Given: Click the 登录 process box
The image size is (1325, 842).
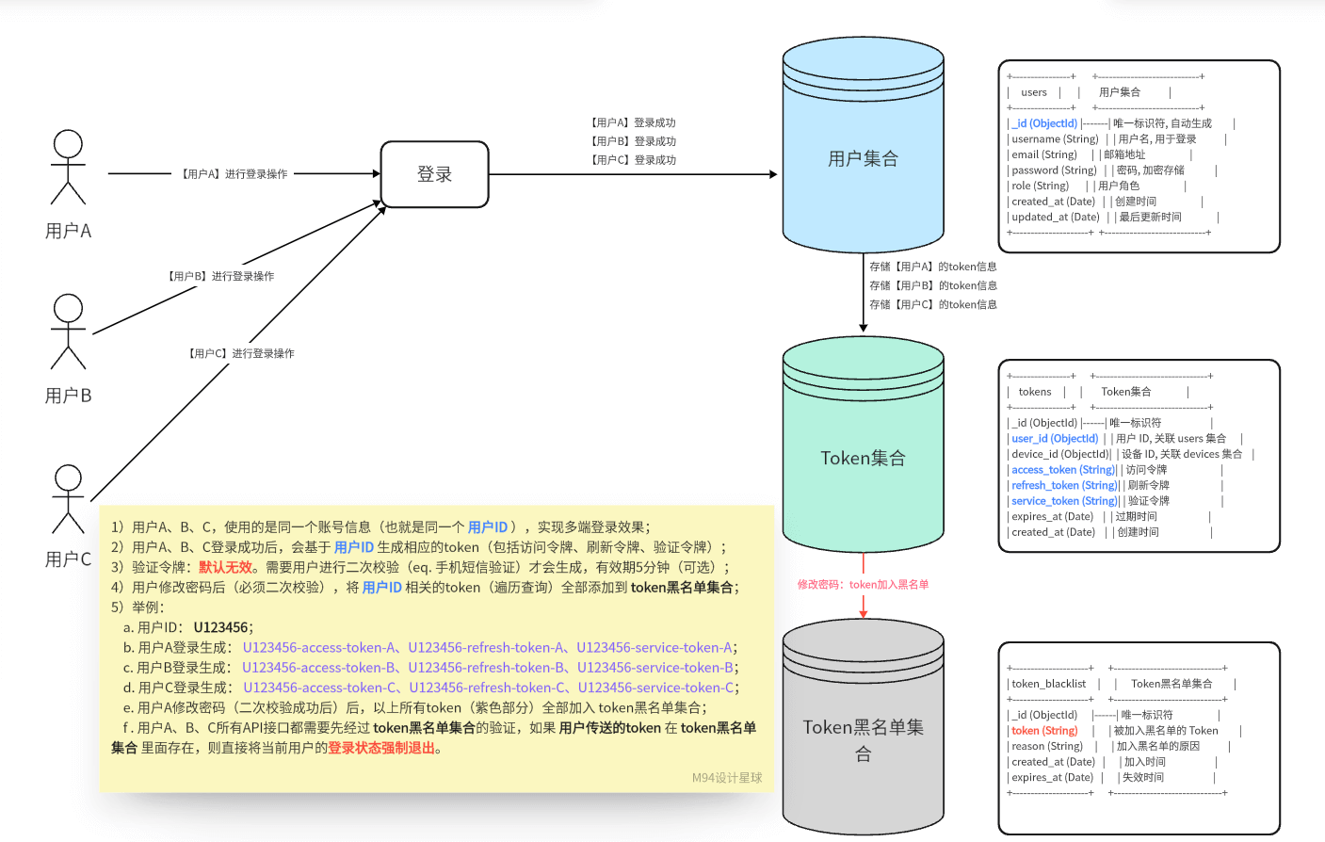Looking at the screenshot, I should point(434,174).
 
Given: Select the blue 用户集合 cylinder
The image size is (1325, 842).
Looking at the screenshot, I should point(863,158).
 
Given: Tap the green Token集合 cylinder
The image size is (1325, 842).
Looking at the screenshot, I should point(863,458).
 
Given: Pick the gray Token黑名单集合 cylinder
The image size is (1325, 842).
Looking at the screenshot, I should point(863,739).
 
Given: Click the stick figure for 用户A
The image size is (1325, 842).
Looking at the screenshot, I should point(68,167).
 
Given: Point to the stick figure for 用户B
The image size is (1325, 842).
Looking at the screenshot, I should point(68,332).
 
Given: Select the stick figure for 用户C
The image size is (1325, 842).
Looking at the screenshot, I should point(68,499).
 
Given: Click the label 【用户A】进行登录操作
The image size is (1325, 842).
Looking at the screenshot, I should point(234,174).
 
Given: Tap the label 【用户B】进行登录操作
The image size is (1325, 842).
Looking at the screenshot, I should point(220,276).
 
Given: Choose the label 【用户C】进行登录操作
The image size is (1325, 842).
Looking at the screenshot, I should point(241,353).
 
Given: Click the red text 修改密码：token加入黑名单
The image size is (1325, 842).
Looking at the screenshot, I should point(863,584).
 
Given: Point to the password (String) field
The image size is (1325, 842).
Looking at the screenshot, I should point(1054,170).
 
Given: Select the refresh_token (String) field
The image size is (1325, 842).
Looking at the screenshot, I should point(1064,485).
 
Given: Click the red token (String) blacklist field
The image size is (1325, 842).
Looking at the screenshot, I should point(1044,730).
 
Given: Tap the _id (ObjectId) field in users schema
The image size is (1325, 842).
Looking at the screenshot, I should point(1044,123).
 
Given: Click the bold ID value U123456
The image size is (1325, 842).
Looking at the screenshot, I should point(221,627).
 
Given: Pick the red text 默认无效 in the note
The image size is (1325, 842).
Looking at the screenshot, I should point(225,567).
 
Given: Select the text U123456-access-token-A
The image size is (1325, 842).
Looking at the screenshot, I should point(319,647).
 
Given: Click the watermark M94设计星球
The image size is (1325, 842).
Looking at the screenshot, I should point(727,778).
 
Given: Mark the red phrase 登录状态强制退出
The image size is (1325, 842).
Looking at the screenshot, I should point(381,748).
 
